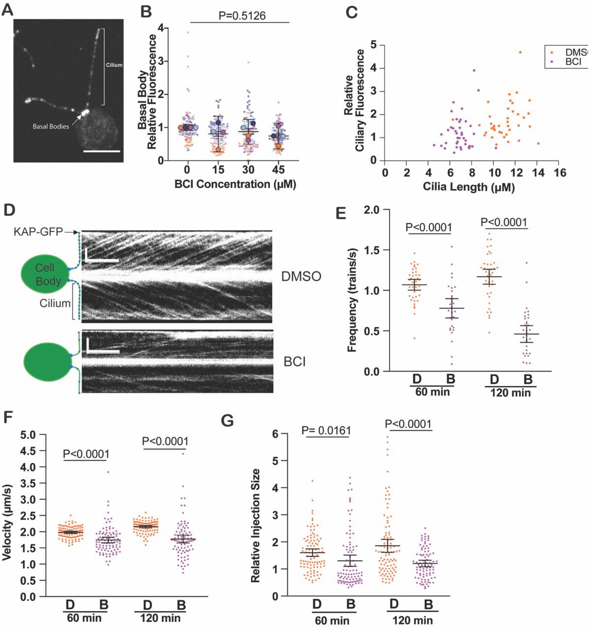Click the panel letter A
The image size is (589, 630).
(x=7, y=9)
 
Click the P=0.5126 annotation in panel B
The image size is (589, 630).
(x=242, y=16)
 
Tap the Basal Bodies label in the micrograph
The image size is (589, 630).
(x=51, y=126)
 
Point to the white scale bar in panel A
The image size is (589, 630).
(x=102, y=151)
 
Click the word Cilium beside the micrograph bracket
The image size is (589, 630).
(x=114, y=65)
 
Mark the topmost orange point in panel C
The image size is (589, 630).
(x=520, y=52)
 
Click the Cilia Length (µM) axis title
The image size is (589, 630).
(x=468, y=187)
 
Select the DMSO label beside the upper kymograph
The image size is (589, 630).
(x=301, y=276)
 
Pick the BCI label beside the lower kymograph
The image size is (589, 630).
(x=294, y=362)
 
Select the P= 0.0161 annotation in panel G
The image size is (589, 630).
(x=327, y=431)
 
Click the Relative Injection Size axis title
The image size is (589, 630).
(x=255, y=526)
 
